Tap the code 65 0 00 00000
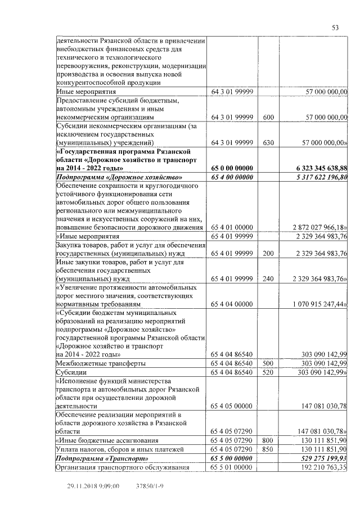point(233,168)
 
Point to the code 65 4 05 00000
point(233,406)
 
